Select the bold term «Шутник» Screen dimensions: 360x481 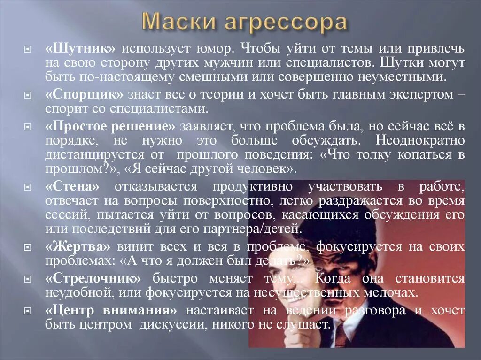point(80,49)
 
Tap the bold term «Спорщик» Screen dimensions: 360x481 point(84,94)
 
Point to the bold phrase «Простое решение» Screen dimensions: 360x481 point(111,127)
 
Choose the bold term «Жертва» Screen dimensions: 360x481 point(78,247)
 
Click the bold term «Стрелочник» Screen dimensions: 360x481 point(93,279)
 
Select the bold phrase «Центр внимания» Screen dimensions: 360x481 point(111,311)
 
